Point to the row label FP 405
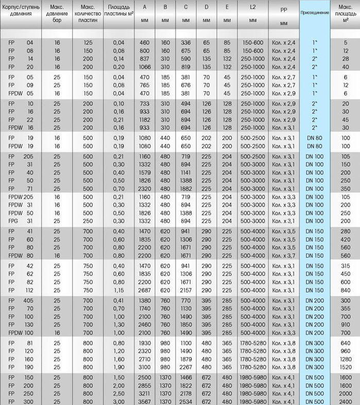[19, 300]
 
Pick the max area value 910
[345, 325]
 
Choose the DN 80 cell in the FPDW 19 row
[314, 146]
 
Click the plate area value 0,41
[118, 300]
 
